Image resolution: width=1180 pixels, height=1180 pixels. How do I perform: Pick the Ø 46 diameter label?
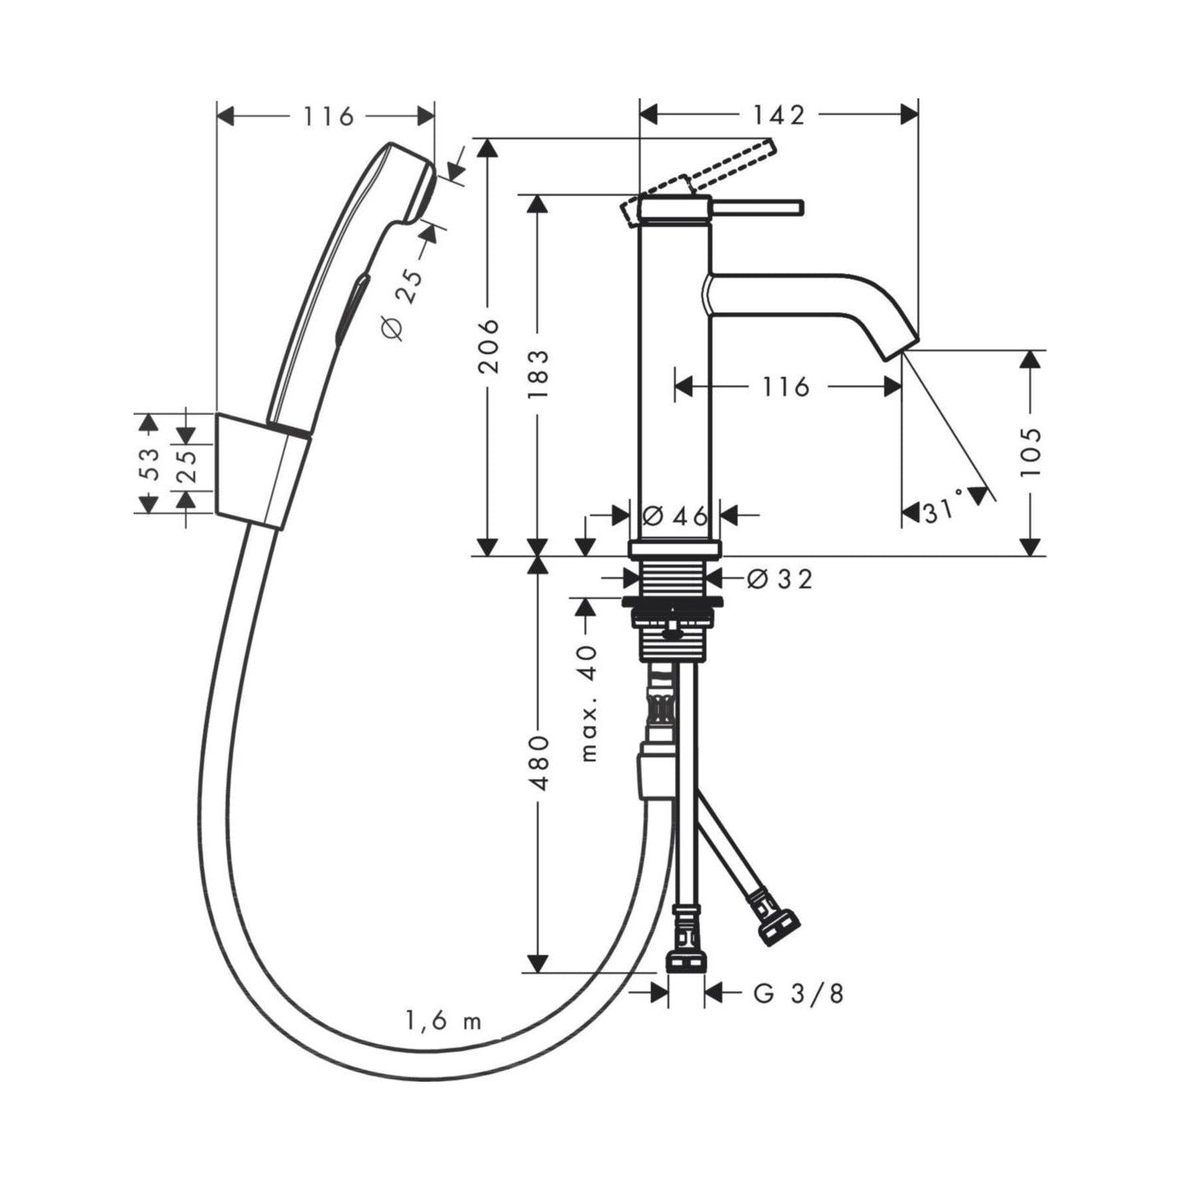point(674,517)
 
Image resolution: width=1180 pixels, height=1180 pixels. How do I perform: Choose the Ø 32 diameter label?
point(779,578)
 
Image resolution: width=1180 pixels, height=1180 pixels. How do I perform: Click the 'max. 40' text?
point(588,702)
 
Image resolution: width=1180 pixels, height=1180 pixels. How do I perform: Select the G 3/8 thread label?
point(798,993)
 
